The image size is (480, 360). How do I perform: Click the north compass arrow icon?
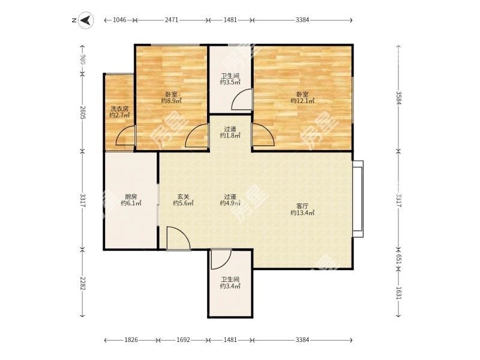pyautogui.click(x=86, y=20)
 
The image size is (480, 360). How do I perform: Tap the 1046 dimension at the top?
pyautogui.click(x=119, y=20)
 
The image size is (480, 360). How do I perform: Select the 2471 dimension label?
pyautogui.click(x=172, y=20)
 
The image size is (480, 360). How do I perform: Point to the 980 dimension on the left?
pyautogui.click(x=82, y=59)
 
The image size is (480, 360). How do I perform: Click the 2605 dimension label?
pyautogui.click(x=82, y=112)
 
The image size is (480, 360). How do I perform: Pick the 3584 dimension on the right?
pyautogui.click(x=398, y=98)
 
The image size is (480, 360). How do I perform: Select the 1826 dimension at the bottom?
pyautogui.click(x=131, y=340)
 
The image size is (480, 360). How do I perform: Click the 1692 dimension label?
pyautogui.click(x=184, y=340)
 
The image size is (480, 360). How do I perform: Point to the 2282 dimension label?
pyautogui.click(x=82, y=283)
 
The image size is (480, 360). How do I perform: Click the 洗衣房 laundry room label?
pyautogui.click(x=119, y=109)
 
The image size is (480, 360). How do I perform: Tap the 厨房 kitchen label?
pyautogui.click(x=131, y=197)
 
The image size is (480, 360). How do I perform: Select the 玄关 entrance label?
pyautogui.click(x=184, y=197)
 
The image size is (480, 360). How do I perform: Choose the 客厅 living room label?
pyautogui.click(x=302, y=206)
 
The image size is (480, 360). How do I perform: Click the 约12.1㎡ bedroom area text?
pyautogui.click(x=302, y=101)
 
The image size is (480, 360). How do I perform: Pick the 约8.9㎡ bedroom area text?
pyautogui.click(x=172, y=101)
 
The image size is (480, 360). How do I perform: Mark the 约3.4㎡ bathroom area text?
pyautogui.click(x=230, y=286)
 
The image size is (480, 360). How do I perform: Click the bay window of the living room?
pyautogui.click(x=358, y=199)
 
